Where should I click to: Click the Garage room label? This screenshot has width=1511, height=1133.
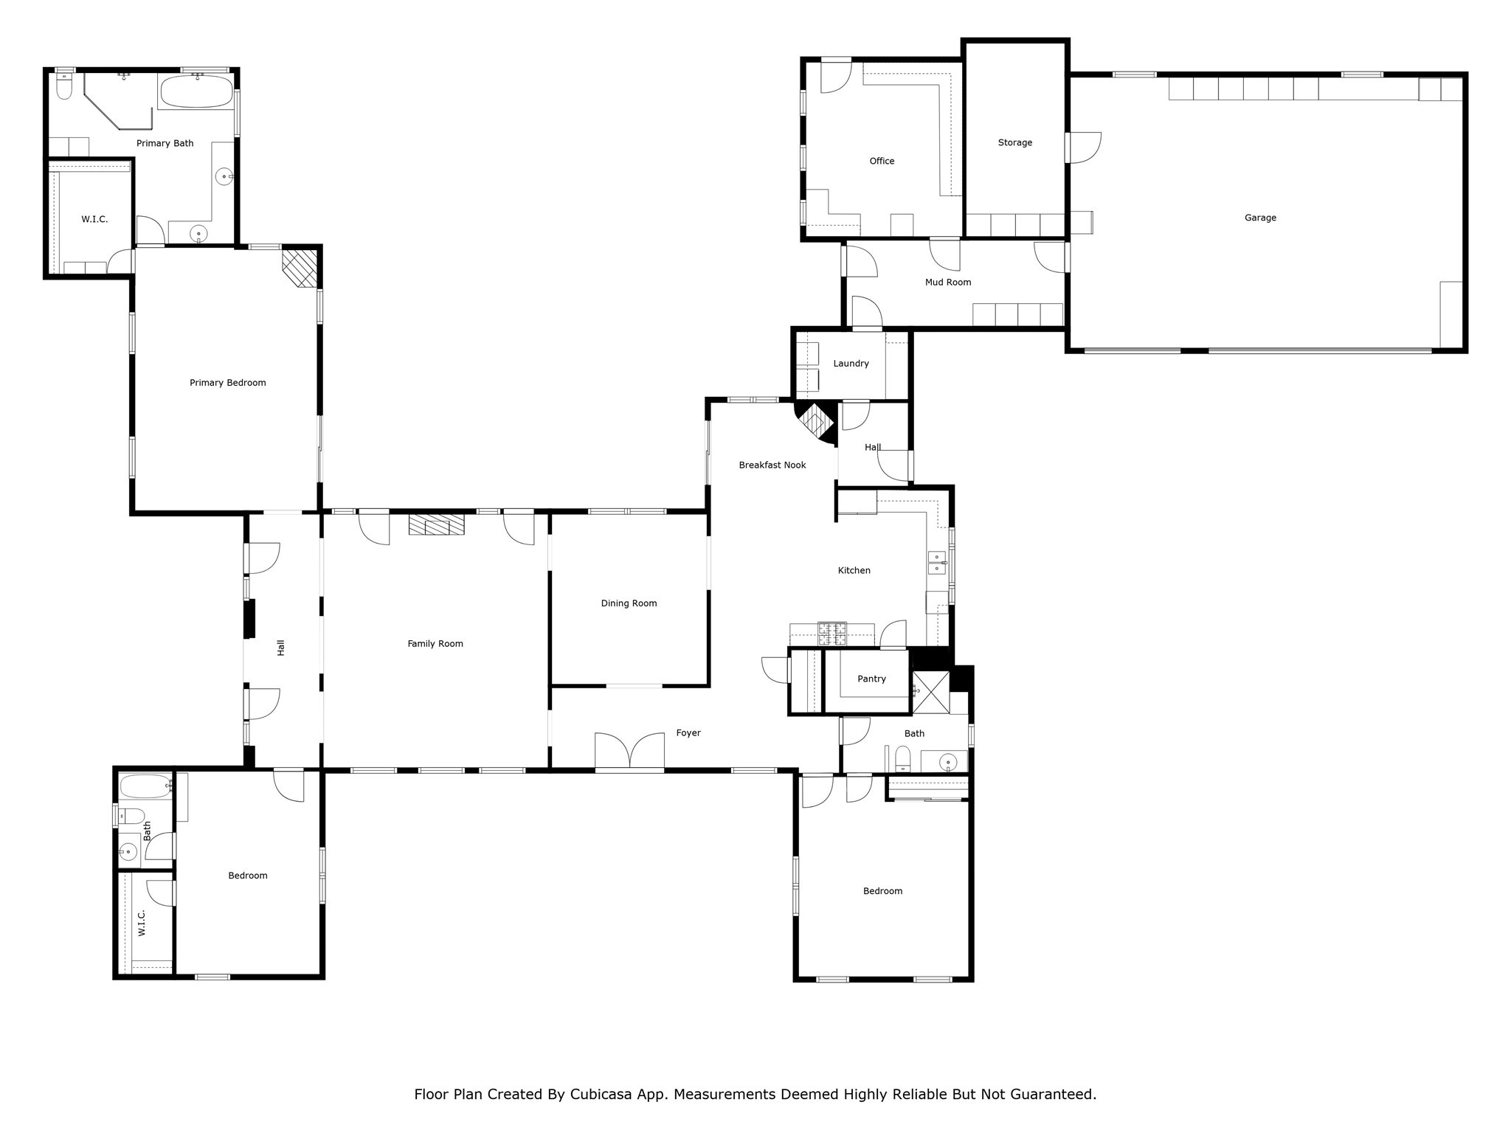(x=1260, y=218)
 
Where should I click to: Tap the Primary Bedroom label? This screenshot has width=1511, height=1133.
(x=227, y=383)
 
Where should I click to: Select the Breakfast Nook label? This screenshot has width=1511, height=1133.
(x=772, y=465)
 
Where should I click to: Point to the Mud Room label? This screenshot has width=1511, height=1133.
(x=948, y=282)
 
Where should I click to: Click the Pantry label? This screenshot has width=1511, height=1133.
(x=871, y=679)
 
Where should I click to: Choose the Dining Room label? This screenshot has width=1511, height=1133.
(x=629, y=603)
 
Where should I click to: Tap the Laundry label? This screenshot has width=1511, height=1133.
(x=851, y=364)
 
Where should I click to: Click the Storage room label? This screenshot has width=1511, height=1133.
(x=1015, y=142)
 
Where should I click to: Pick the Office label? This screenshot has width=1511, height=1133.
(x=882, y=161)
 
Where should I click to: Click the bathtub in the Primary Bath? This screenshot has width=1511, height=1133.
(x=197, y=92)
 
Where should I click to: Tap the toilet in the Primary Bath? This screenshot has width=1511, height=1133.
(x=64, y=86)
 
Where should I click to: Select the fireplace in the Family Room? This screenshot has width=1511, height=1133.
(x=437, y=524)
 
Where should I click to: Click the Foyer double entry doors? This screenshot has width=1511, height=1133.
(x=629, y=752)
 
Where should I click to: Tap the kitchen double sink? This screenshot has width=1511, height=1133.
(x=937, y=563)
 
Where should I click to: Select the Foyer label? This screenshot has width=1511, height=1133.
(x=688, y=733)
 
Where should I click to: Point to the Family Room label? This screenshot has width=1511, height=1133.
(x=435, y=644)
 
